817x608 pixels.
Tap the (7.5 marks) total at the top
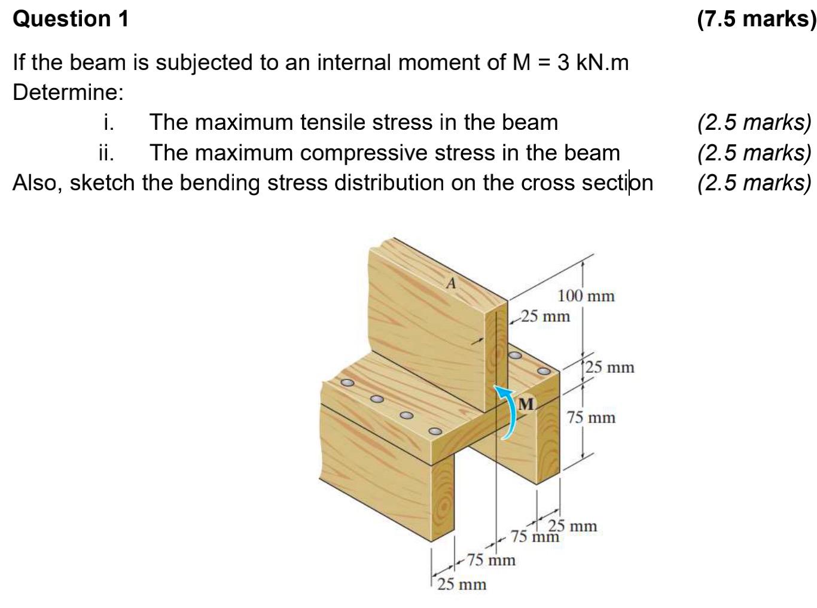pos(756,19)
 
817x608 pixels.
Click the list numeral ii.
pos(106,153)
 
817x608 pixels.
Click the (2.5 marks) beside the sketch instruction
pos(754,183)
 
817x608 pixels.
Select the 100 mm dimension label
pos(586,296)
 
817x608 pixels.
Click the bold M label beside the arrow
pos(526,405)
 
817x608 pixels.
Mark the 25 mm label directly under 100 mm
pos(545,315)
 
